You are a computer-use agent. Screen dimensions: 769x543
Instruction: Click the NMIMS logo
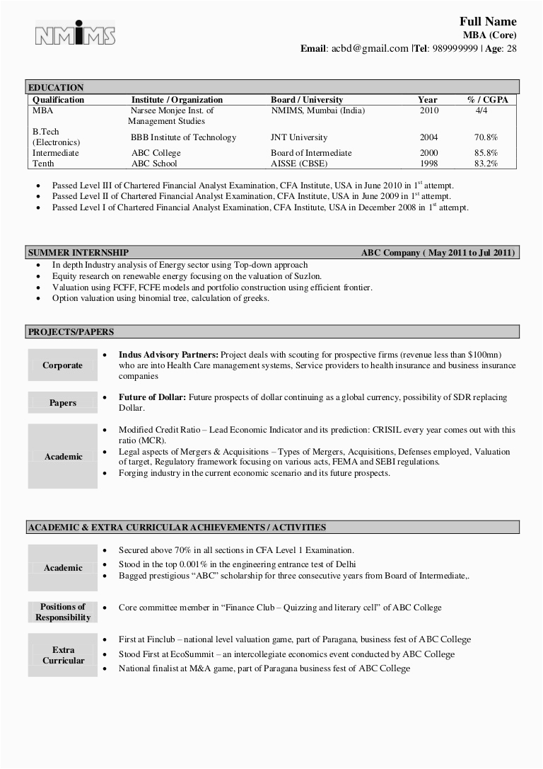pos(75,35)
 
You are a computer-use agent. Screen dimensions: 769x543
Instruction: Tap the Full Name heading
pos(488,21)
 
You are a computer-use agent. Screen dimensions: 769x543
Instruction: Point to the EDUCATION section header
pos(56,88)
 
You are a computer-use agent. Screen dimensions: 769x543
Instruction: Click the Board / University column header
pos(306,100)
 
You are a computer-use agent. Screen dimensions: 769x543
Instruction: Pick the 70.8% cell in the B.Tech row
pos(486,137)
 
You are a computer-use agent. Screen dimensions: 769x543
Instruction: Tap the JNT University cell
pos(298,137)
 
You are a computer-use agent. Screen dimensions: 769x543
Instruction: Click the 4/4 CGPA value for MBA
pos(481,110)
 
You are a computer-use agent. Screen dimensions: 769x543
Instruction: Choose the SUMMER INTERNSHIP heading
pos(78,253)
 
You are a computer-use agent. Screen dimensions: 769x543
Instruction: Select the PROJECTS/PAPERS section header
pos(71,331)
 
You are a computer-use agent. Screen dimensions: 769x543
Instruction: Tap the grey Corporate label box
pos(62,365)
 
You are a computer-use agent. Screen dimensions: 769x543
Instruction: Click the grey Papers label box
pos(62,403)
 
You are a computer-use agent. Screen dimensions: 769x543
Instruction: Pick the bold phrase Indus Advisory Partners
pos(168,354)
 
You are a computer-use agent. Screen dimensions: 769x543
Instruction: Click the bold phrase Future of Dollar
pos(152,397)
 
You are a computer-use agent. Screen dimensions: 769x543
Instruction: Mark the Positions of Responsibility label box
pos(62,612)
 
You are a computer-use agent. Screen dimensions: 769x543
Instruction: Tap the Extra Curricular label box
pos(62,655)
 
